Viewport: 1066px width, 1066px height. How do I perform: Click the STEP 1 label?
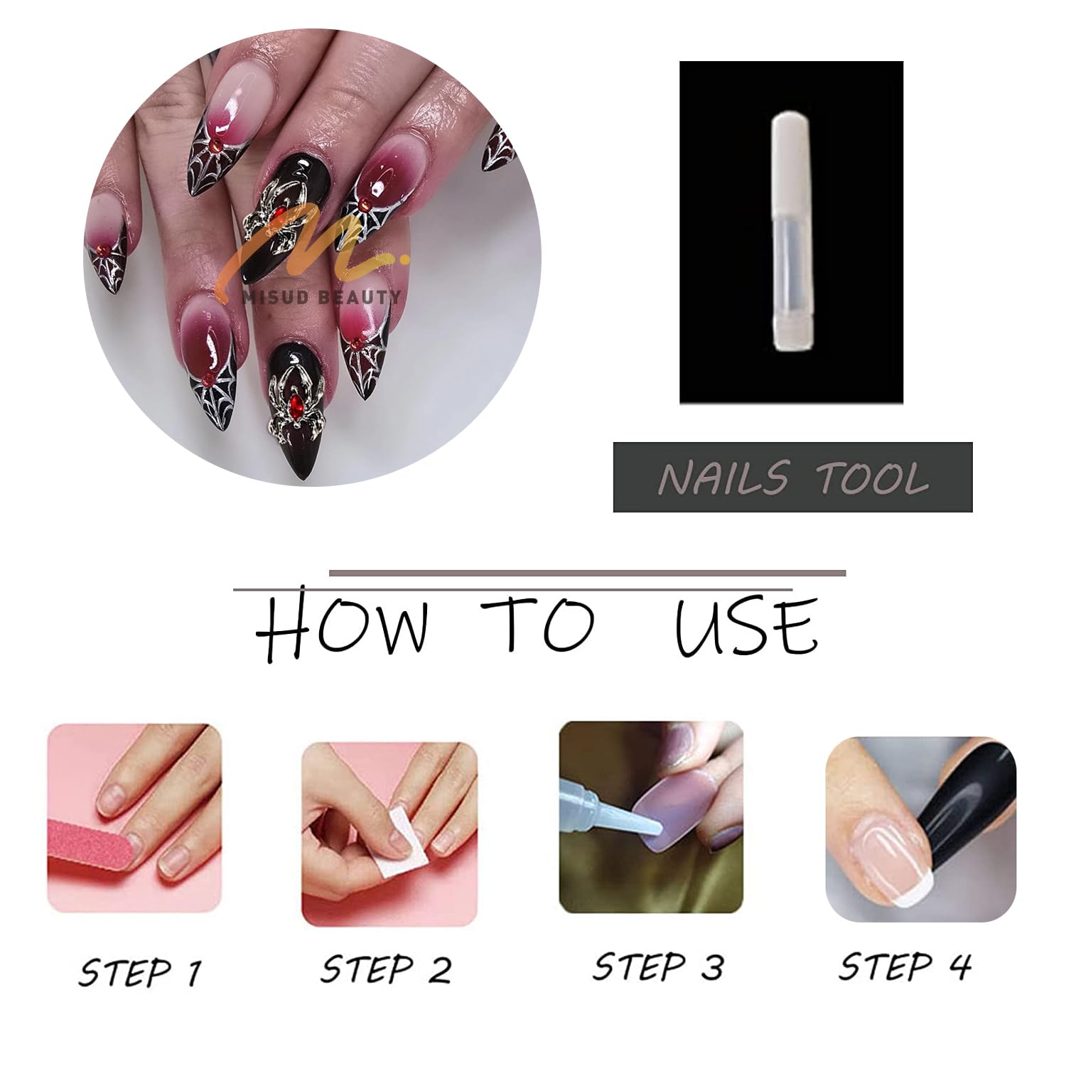140,971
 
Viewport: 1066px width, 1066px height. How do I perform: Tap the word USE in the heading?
745,626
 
